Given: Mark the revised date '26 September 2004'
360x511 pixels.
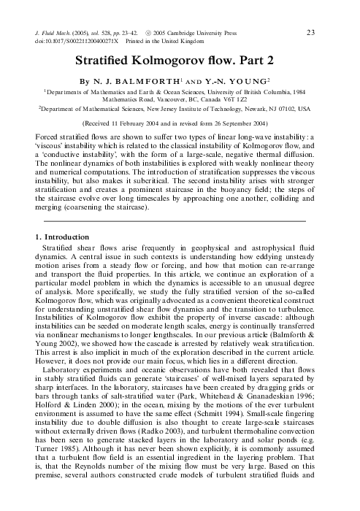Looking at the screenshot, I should (245, 124).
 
